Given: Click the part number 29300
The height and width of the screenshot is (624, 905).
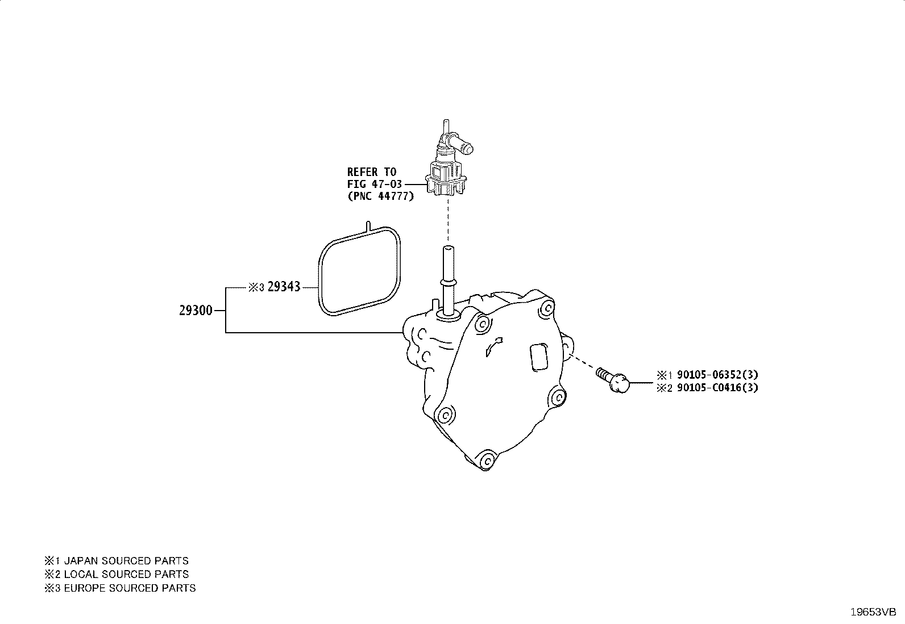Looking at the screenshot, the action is (x=196, y=311).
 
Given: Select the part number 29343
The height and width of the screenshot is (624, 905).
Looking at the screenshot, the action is (x=284, y=287).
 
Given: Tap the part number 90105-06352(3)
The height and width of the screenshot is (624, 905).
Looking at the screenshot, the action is (x=717, y=375).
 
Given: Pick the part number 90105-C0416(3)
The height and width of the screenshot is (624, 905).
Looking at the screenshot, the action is (x=717, y=388).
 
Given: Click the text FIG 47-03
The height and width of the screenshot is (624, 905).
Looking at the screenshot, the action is (x=375, y=185).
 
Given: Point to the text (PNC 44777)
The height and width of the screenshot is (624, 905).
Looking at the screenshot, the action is (x=380, y=196).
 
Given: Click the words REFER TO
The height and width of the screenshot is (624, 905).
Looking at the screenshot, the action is (x=372, y=173).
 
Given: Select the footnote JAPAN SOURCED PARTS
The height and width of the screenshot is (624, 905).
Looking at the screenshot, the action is (x=126, y=561).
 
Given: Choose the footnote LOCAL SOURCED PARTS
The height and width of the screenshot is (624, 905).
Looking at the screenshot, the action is (x=126, y=575).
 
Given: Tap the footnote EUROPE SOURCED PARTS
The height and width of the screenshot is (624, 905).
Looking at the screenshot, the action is (x=130, y=588).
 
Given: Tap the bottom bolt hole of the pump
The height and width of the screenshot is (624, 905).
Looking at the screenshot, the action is (x=488, y=460).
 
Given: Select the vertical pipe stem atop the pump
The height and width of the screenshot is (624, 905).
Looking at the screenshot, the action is (x=448, y=282).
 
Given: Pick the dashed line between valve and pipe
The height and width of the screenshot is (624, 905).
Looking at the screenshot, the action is (x=447, y=221).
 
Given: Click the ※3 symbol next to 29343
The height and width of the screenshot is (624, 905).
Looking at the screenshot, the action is (x=256, y=287).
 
